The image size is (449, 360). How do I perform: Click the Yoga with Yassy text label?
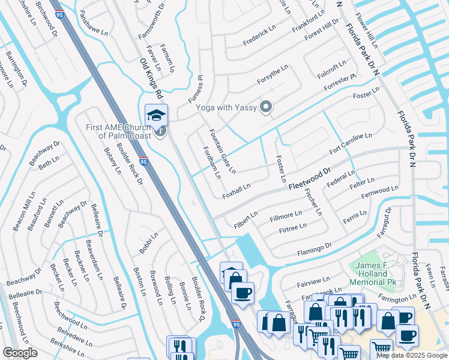pos(226,108)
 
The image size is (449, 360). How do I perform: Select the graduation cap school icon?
pos(157,115)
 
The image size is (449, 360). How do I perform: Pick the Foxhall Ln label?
pos(236,191)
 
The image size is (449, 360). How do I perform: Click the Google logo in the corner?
pos(20,353)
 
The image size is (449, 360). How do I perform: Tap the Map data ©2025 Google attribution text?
pos(412,355)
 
